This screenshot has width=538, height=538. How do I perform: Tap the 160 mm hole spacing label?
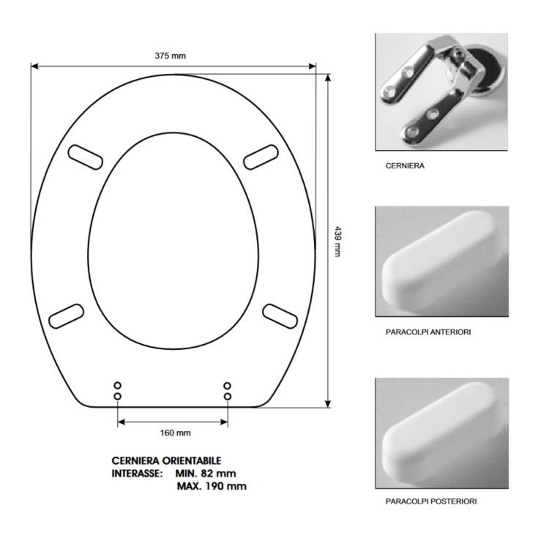point(175,433)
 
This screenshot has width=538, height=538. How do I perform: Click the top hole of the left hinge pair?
point(118,385)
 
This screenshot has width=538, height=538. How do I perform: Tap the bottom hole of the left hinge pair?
point(118,396)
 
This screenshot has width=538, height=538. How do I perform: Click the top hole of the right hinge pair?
point(227,385)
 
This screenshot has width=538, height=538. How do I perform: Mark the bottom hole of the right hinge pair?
point(227,396)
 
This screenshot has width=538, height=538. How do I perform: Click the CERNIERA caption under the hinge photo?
point(405,166)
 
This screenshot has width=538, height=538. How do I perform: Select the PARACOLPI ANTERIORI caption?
point(427,332)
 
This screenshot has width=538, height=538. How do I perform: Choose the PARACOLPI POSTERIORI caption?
point(432,501)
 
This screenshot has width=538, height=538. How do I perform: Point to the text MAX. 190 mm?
point(212,486)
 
